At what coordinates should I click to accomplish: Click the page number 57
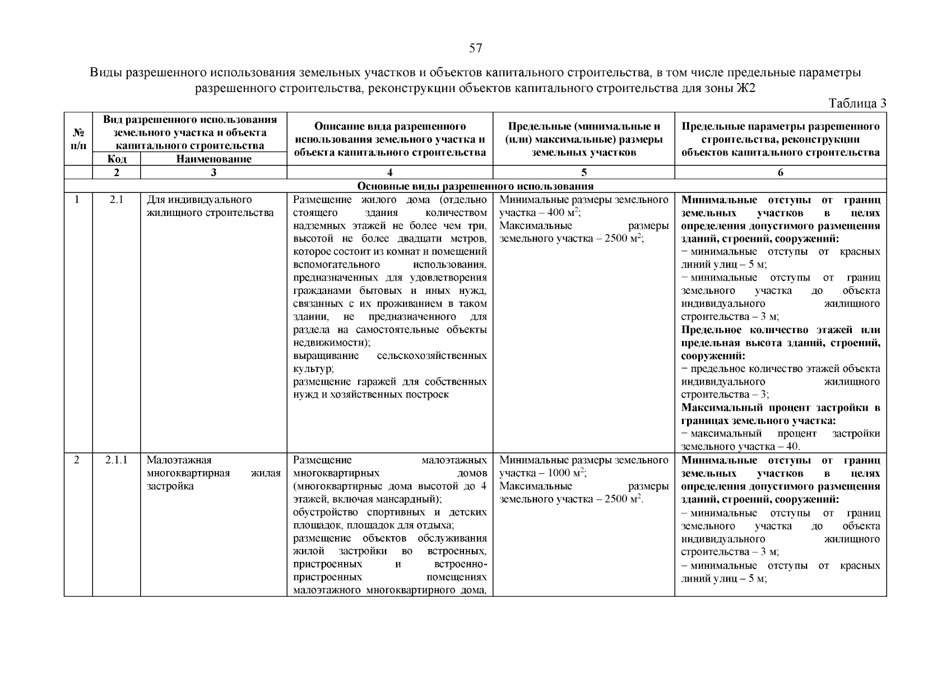pyautogui.click(x=475, y=48)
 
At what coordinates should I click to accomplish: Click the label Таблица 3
pyautogui.click(x=857, y=103)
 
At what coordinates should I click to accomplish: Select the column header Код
pyautogui.click(x=116, y=159)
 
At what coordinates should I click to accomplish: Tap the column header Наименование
pyautogui.click(x=214, y=159)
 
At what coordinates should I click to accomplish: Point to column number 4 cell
pyautogui.click(x=389, y=173)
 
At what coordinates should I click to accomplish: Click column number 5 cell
pyautogui.click(x=583, y=173)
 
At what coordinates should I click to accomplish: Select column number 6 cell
pyautogui.click(x=780, y=173)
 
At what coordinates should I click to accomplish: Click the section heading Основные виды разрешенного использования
pyautogui.click(x=475, y=186)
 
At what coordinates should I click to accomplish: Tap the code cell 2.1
pyautogui.click(x=116, y=200)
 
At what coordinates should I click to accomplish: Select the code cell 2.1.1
pyautogui.click(x=116, y=460)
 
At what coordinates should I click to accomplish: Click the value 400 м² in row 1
pyautogui.click(x=565, y=213)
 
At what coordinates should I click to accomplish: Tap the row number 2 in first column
pyautogui.click(x=77, y=460)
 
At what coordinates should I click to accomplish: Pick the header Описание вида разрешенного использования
pyautogui.click(x=389, y=139)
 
